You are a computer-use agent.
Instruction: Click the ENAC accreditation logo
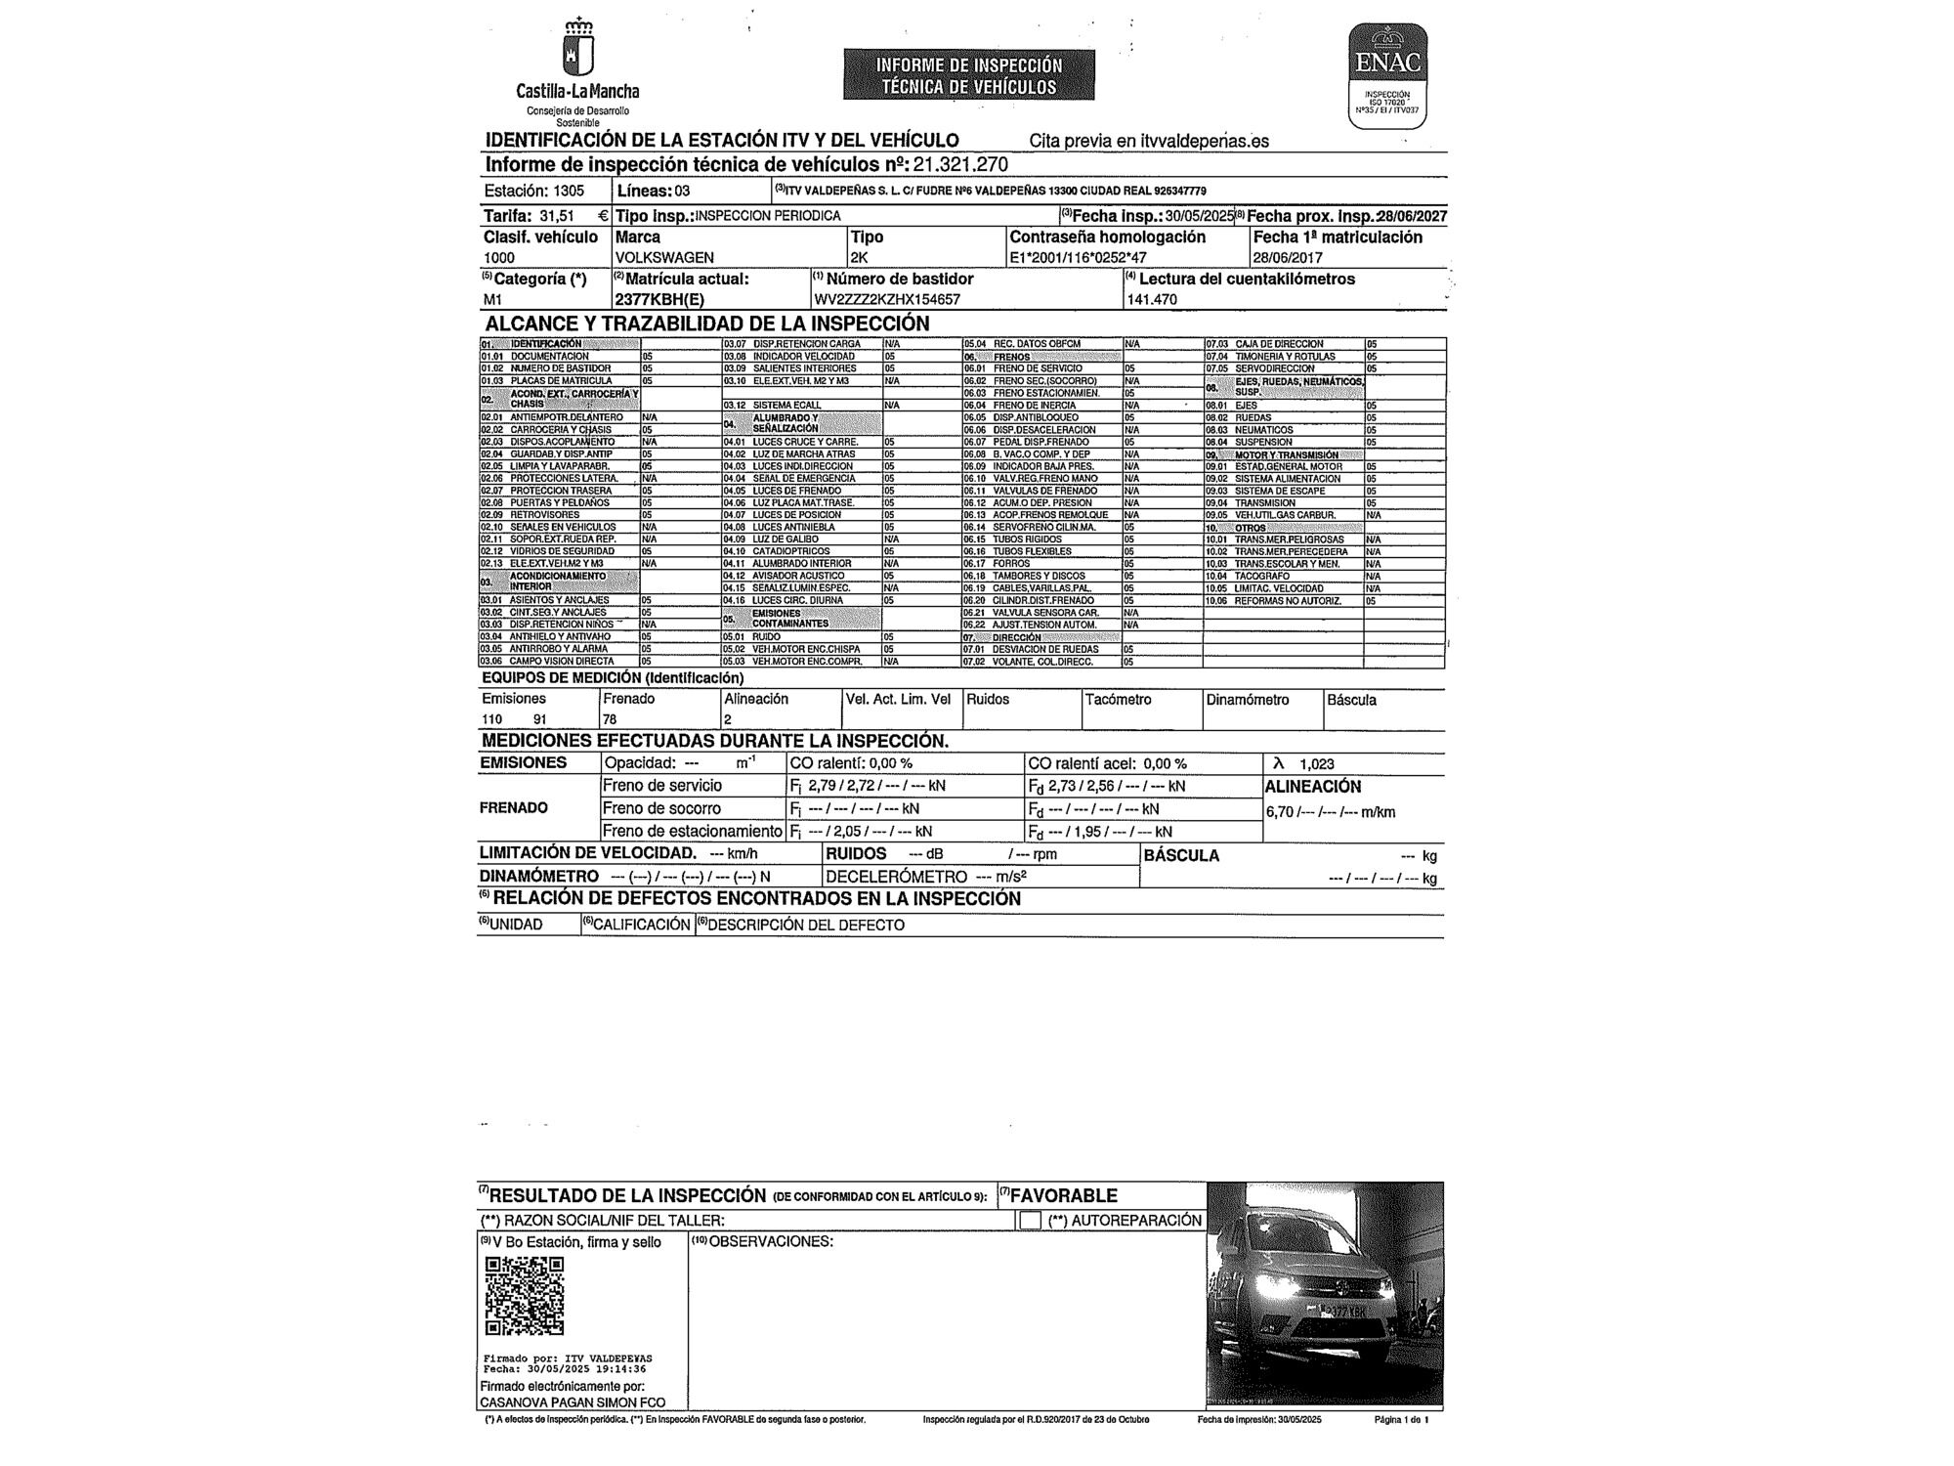pos(1387,76)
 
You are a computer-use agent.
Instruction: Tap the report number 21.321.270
pos(960,165)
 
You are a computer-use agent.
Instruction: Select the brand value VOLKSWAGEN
pos(664,258)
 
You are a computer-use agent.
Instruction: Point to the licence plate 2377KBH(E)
pos(658,300)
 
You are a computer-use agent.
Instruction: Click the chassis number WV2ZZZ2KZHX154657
pos(886,300)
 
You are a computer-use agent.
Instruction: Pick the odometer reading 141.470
pos(1152,300)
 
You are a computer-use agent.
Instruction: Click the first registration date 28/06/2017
pos(1288,258)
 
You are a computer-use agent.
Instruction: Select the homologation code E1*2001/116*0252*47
pos(1078,258)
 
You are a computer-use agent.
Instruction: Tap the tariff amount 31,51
pos(554,216)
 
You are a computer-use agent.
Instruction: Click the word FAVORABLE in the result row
pos(1063,1195)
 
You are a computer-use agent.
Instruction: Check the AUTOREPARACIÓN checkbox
pos(1030,1221)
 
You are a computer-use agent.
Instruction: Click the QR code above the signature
pos(525,1296)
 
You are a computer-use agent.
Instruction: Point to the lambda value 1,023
pos(1316,764)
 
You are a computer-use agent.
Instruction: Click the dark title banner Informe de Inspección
pos(968,75)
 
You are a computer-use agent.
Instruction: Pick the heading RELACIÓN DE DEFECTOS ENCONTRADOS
pos(756,899)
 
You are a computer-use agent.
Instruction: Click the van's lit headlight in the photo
pos(1269,1282)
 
